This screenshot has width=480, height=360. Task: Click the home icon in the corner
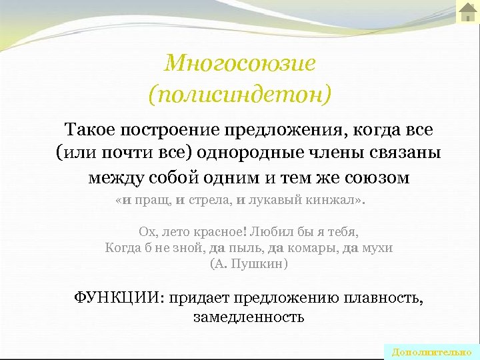pyautogui.click(x=467, y=11)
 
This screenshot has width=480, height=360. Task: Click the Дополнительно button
pyautogui.click(x=431, y=352)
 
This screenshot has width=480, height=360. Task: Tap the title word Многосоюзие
pyautogui.click(x=239, y=63)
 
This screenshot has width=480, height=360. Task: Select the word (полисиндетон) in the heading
pyautogui.click(x=239, y=94)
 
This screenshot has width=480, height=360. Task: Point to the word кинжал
pyautogui.click(x=336, y=201)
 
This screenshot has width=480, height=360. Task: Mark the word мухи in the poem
pyautogui.click(x=377, y=248)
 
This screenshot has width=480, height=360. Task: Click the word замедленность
pyautogui.click(x=249, y=317)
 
